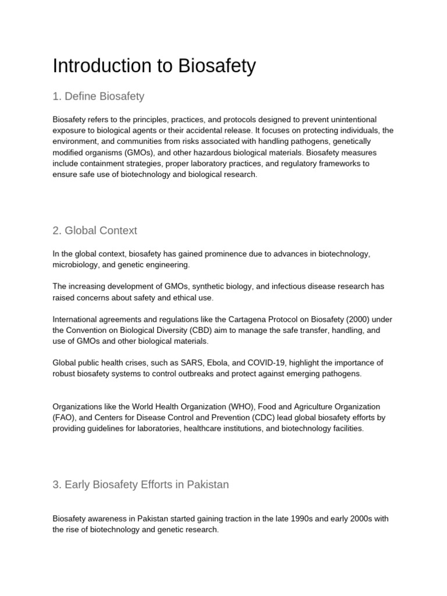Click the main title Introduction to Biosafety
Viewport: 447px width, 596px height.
click(x=154, y=66)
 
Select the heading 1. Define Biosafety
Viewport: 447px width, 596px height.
click(x=98, y=96)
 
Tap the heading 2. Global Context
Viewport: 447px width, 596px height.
click(x=95, y=230)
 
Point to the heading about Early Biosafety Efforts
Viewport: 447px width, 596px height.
click(x=140, y=484)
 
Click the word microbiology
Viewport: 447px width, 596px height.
click(x=76, y=265)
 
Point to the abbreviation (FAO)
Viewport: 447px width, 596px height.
click(x=65, y=417)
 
